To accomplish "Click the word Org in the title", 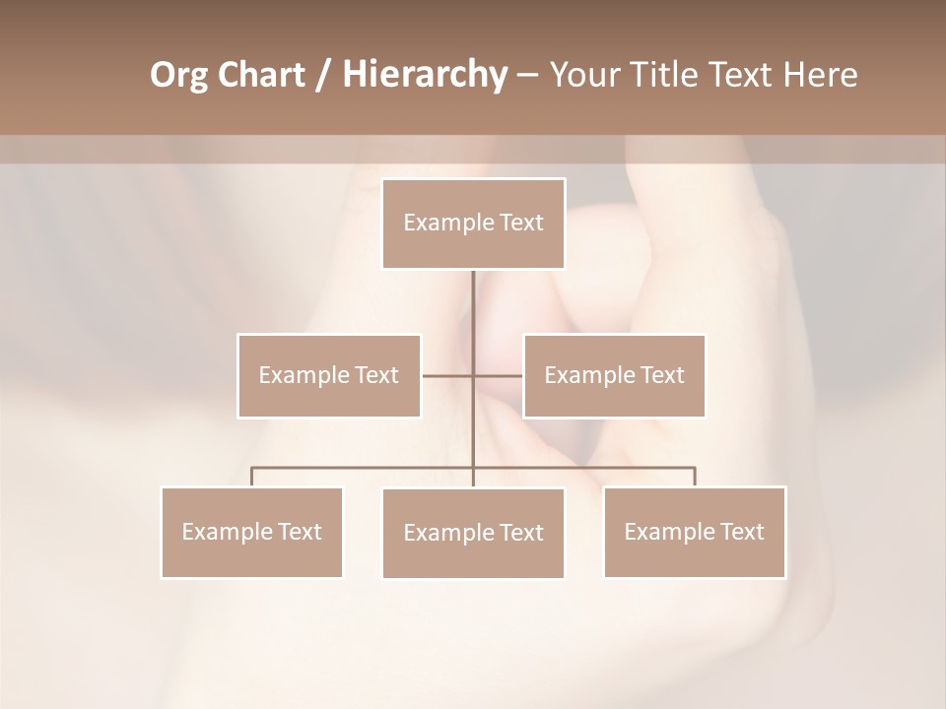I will coord(178,75).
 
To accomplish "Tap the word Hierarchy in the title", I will coord(424,75).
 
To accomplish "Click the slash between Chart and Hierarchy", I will coord(323,76).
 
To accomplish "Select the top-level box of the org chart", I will coord(473,224).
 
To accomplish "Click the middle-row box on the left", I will coord(329,375).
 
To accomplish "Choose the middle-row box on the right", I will coord(614,375).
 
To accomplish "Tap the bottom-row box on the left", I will coord(251,532).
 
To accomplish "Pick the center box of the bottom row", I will coord(473,533).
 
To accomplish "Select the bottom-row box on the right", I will coord(694,532).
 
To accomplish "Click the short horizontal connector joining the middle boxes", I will coord(449,375).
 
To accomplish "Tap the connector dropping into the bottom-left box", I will coord(251,477).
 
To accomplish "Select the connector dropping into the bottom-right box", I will coord(694,477).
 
